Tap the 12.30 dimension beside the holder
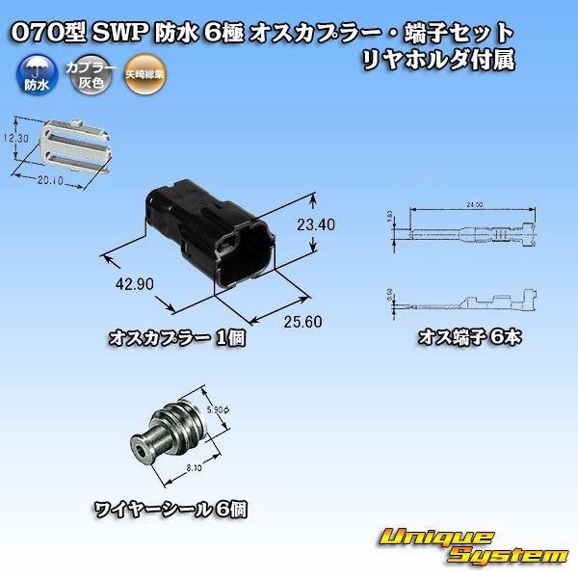(10, 142)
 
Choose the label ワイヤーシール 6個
(170, 508)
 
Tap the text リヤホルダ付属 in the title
(436, 59)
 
